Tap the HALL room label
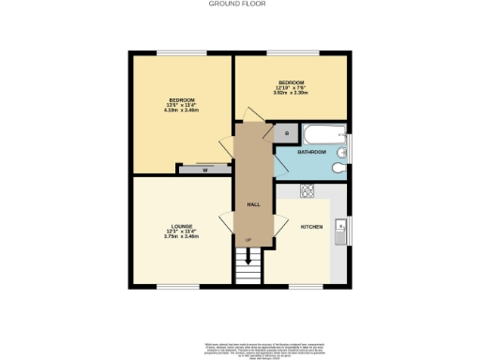252,203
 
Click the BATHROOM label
312,152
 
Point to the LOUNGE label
182,225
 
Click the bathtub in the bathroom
324,133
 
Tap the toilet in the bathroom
339,167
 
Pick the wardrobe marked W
204,170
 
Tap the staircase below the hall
248,269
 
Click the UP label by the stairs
248,242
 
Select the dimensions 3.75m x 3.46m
182,236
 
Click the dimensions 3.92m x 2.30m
292,93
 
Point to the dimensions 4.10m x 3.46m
182,112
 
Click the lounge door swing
226,223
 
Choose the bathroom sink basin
341,146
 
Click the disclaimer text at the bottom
239,346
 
